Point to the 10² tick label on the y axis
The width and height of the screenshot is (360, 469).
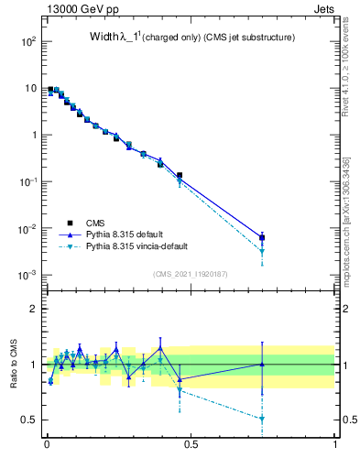point(27,41)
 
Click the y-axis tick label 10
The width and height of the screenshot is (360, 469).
point(30,88)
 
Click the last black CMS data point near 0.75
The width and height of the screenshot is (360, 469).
point(262,237)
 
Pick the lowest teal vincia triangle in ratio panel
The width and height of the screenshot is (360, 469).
point(262,419)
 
